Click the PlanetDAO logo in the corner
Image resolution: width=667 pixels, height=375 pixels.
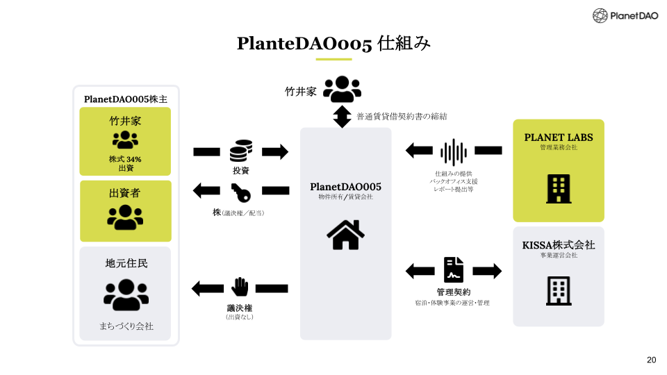click(x=625, y=16)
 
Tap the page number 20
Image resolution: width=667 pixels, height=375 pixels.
click(x=651, y=360)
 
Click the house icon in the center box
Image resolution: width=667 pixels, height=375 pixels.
click(x=345, y=235)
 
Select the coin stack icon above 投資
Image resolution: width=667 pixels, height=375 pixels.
click(x=241, y=151)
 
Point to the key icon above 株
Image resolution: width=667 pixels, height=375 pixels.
click(x=241, y=192)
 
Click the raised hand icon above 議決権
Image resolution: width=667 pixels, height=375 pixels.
click(x=240, y=287)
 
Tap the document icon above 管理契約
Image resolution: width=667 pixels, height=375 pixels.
click(x=454, y=269)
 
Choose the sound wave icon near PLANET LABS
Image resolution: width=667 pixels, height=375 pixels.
click(x=454, y=152)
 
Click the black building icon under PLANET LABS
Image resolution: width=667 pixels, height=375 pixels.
click(x=559, y=189)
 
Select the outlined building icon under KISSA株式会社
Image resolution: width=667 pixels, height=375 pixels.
click(x=559, y=291)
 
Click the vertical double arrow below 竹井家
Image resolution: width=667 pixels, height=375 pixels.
click(x=342, y=117)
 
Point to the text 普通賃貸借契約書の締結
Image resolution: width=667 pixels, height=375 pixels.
click(x=402, y=117)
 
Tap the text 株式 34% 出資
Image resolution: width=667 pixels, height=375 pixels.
click(x=125, y=163)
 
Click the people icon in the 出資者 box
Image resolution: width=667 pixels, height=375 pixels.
click(x=125, y=217)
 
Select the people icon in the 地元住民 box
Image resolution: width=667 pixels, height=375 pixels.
click(x=126, y=294)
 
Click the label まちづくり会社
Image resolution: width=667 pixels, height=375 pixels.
click(x=126, y=326)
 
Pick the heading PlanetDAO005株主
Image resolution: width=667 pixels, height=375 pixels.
click(x=126, y=99)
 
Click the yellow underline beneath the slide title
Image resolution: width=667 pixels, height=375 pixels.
click(x=333, y=59)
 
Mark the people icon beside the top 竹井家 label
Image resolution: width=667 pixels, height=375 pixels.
click(x=342, y=89)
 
